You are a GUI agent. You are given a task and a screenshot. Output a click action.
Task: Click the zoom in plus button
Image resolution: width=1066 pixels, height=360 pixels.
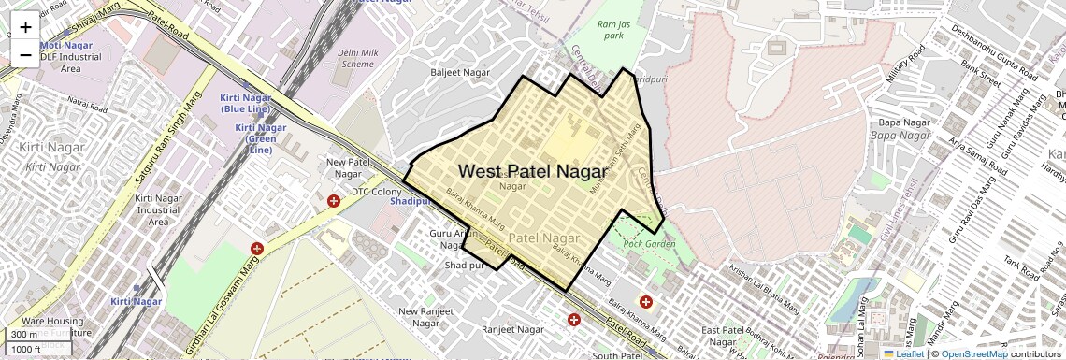(x=25, y=26)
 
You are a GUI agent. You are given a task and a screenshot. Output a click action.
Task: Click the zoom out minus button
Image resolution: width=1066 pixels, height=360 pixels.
(x=25, y=54)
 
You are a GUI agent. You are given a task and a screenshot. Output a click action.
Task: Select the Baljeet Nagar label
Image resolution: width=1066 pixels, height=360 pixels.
(x=460, y=72)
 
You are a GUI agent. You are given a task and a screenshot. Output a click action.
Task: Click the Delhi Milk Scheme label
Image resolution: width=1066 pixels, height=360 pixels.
(x=355, y=58)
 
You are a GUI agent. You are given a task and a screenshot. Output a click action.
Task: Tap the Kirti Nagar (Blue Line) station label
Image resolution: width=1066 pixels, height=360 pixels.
(x=246, y=103)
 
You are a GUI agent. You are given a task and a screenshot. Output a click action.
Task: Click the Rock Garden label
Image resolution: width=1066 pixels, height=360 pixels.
(x=649, y=245)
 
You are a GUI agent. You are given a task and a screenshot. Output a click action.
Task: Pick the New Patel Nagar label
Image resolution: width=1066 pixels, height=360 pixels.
(x=343, y=167)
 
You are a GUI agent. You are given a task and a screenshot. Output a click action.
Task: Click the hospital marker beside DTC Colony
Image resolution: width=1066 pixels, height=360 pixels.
(x=334, y=201)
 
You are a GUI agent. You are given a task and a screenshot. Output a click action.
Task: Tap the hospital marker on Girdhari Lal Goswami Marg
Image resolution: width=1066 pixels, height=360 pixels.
(x=257, y=249)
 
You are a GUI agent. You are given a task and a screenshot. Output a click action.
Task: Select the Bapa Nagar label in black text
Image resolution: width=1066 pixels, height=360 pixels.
(x=903, y=122)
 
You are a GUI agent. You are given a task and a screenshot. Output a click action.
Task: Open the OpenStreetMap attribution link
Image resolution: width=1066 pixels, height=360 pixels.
(x=974, y=353)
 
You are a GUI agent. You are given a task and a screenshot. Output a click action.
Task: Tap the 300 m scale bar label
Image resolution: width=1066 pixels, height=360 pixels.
(x=24, y=335)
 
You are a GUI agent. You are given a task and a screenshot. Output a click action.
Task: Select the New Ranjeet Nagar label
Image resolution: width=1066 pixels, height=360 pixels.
(x=419, y=317)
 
